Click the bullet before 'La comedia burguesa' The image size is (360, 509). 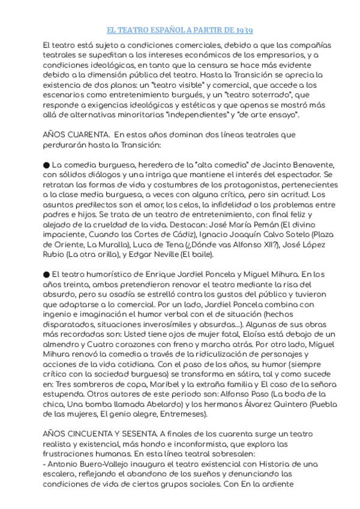[x=47, y=164]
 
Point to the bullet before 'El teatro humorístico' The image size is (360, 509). [x=47, y=273]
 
